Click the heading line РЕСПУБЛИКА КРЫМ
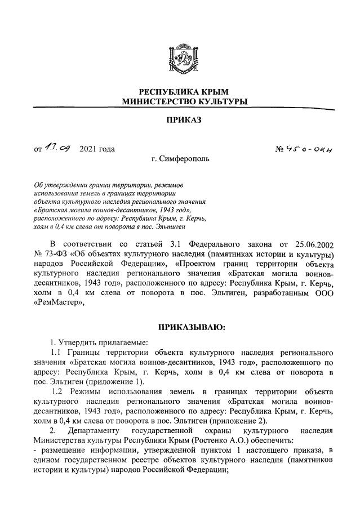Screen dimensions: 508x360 pyautogui.click(x=180, y=91)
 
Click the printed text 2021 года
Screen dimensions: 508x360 pyautogui.click(x=97, y=149)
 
